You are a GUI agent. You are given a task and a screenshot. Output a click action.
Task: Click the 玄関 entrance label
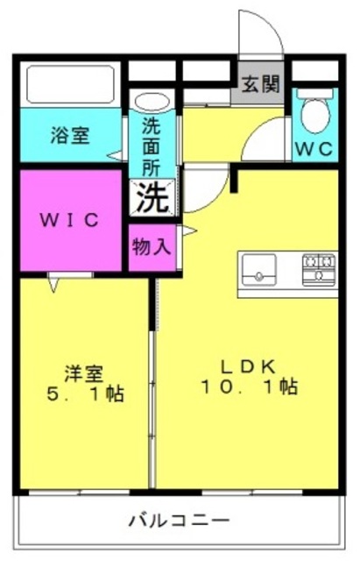260,85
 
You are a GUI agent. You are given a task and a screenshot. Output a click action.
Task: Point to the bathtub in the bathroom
70,84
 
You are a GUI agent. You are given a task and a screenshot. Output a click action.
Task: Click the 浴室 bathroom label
70,135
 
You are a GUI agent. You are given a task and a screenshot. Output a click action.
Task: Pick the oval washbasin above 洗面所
152,103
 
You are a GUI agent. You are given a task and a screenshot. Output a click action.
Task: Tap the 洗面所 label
152,146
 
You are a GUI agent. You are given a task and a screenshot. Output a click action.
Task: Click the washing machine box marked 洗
152,198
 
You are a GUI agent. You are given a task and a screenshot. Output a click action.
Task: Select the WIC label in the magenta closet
69,220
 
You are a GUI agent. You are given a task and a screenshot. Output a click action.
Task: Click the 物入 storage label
152,246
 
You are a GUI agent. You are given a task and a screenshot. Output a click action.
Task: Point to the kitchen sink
259,269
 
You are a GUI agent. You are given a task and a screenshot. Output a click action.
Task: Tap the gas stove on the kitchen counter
319,270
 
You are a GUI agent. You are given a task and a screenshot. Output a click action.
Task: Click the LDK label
248,367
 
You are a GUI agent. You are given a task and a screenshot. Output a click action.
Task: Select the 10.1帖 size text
249,387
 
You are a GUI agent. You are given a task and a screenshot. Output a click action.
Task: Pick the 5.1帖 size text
85,394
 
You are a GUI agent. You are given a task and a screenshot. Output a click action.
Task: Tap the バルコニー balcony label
179,520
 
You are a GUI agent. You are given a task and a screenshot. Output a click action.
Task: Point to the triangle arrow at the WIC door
53,285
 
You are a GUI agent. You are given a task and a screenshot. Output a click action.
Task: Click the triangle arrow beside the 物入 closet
189,231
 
